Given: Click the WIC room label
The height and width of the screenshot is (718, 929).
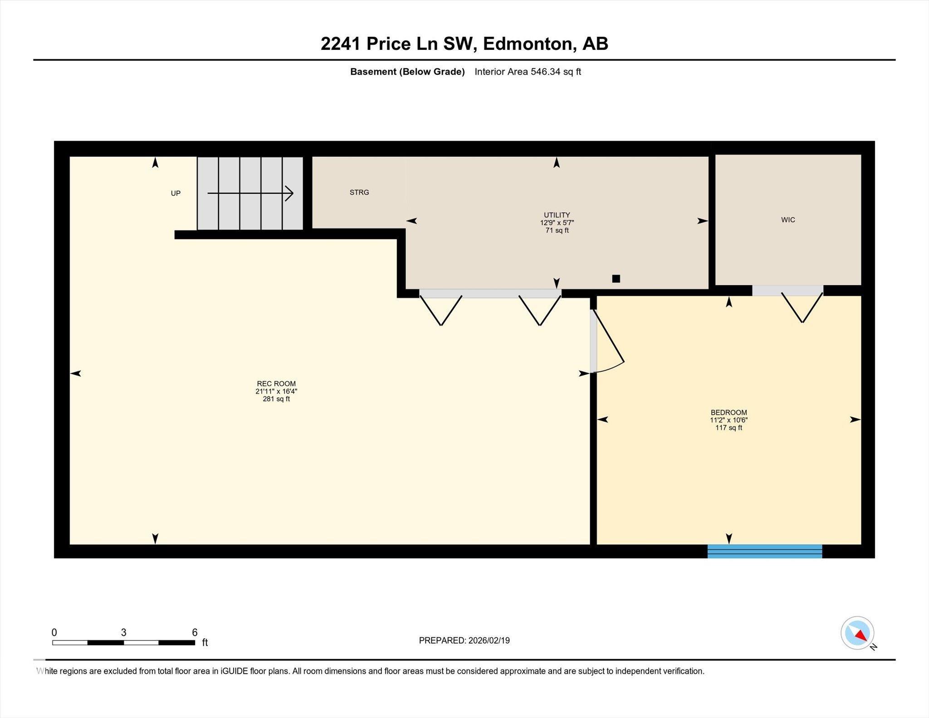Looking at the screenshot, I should (x=788, y=220).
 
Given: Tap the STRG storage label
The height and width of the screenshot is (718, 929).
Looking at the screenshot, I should (x=359, y=192).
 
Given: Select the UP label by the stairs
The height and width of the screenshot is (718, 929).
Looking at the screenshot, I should (x=176, y=193).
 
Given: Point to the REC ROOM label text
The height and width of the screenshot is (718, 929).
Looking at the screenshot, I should (x=276, y=384).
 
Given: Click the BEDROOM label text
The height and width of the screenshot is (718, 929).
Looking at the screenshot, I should (x=729, y=412).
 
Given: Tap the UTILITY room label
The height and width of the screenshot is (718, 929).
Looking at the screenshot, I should (x=557, y=215).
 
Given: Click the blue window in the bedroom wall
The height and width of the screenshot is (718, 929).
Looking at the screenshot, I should (x=765, y=551).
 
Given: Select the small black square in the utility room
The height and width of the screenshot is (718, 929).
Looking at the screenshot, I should (x=616, y=278).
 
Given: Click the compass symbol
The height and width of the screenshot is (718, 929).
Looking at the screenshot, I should (x=857, y=632).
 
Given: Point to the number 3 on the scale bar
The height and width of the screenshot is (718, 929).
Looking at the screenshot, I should (x=123, y=632).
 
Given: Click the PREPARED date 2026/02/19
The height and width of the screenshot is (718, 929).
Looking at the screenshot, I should (x=489, y=640).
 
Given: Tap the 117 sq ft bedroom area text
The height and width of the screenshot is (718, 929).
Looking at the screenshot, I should (x=729, y=428).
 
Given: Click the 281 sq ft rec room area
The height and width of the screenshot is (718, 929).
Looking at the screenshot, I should (x=276, y=399).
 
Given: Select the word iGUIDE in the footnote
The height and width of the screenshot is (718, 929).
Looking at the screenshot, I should (x=235, y=671).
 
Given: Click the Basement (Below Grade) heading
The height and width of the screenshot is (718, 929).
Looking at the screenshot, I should (x=407, y=72).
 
